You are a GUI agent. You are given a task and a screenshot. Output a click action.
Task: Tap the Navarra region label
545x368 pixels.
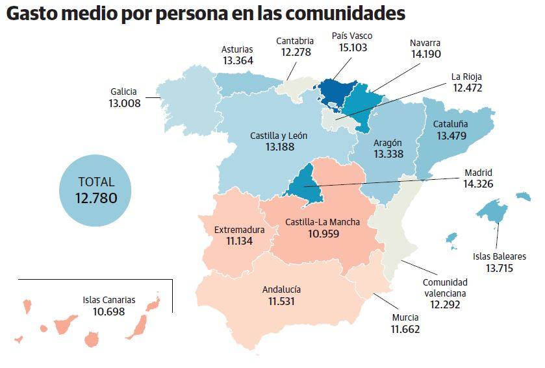pos(425,43)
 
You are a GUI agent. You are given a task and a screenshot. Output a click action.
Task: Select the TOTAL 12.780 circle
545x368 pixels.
pos(95,190)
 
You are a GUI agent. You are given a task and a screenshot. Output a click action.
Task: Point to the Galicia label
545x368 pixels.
pos(123,92)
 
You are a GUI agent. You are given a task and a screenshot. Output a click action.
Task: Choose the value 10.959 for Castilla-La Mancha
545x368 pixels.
pos(323,234)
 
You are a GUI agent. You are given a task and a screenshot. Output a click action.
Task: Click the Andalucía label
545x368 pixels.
pos(282,290)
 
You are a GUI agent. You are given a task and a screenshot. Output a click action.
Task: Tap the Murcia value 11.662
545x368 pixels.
pos(405,329)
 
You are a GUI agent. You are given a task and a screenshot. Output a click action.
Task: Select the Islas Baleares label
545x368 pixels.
pos(499,256)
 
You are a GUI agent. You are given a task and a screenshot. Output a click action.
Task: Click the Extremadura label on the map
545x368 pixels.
pos(239,230)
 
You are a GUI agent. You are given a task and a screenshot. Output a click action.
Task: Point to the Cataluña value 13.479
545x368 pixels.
pos(451,136)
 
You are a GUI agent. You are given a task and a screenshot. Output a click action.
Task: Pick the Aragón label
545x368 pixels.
pos(388,143)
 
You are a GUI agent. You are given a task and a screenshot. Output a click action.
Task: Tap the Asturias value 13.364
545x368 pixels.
pos(237,60)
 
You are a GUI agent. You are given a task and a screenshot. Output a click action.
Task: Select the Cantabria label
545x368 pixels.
pos(295,41)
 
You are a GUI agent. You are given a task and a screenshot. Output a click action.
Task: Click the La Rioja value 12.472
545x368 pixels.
pos(468,87)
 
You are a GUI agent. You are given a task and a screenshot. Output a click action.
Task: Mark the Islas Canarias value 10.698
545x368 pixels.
pos(108,312)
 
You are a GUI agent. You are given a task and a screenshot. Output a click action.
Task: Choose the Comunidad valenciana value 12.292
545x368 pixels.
pos(445,304)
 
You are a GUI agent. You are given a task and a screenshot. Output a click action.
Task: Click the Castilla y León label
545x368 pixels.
pos(279,136)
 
